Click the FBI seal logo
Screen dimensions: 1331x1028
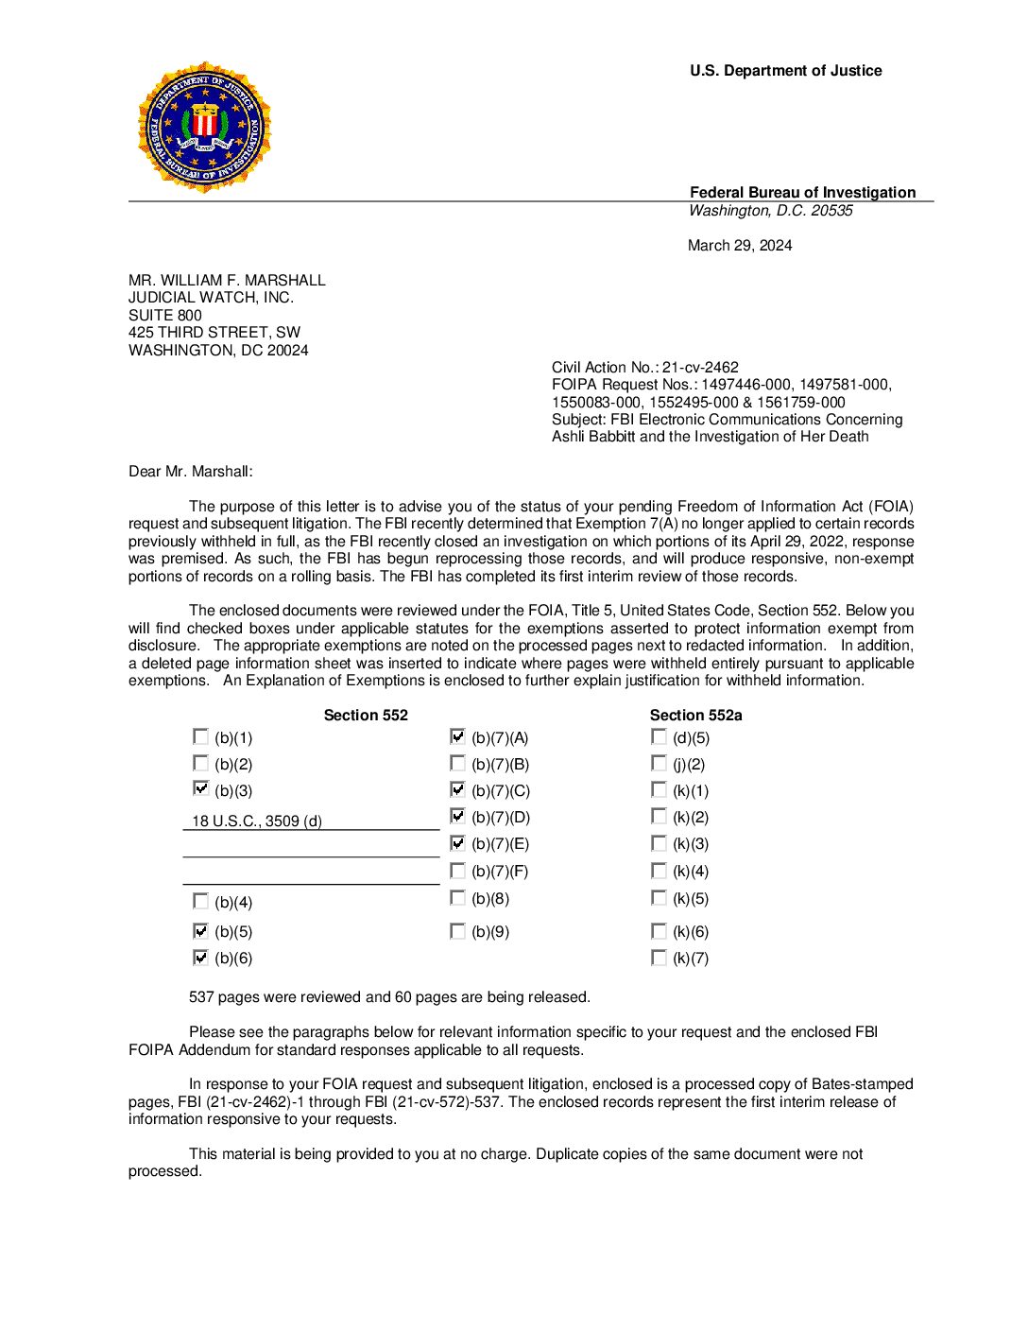(205, 128)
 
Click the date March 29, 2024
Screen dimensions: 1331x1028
(740, 246)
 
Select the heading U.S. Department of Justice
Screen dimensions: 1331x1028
(785, 71)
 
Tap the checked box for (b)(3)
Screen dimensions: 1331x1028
(200, 788)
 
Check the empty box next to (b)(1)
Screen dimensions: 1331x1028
(200, 736)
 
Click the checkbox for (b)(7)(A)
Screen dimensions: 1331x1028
(458, 736)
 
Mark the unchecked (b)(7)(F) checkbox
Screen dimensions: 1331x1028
(458, 870)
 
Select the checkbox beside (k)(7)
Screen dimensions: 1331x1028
(659, 958)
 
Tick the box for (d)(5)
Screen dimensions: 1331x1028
(659, 736)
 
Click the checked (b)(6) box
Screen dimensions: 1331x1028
(200, 958)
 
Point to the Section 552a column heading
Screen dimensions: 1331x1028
(695, 716)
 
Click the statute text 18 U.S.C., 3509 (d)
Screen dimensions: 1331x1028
(257, 821)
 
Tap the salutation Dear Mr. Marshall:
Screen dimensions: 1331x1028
(191, 472)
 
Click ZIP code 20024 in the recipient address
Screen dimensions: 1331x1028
(287, 351)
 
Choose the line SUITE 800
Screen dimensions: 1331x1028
(165, 316)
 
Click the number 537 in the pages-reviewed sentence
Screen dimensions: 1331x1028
(202, 997)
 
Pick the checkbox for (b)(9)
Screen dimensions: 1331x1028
(458, 931)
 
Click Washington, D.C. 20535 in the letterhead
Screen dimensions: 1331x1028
(770, 211)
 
